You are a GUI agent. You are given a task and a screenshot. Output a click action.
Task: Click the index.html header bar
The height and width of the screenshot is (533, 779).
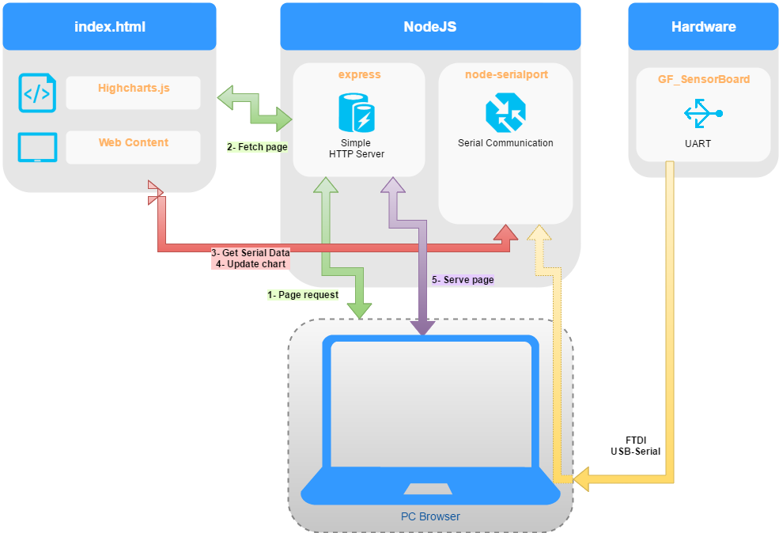109,27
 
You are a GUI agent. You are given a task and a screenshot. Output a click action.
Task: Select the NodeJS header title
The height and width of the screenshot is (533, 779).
430,27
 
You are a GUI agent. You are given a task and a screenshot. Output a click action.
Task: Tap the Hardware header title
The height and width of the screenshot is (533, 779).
703,27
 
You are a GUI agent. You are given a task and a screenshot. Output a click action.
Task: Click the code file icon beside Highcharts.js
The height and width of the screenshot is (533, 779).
37,93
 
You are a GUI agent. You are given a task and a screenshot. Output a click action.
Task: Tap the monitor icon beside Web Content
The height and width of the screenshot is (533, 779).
37,148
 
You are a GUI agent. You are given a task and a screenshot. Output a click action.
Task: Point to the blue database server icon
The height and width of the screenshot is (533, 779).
357,112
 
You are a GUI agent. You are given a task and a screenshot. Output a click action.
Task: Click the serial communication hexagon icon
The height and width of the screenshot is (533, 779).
505,112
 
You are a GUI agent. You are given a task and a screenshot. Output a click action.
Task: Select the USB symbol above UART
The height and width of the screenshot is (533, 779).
703,113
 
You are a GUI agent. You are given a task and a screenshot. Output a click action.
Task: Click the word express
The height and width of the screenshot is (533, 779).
358,75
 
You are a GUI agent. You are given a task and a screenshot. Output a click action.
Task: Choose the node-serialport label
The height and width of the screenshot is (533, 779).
506,75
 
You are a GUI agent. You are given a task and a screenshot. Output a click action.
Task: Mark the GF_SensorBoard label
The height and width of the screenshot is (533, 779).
703,79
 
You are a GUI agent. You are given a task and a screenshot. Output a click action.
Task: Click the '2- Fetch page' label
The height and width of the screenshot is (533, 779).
257,147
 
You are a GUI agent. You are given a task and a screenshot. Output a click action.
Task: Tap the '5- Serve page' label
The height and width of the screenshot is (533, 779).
463,280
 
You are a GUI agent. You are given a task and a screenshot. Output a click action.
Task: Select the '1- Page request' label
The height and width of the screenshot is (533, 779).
303,295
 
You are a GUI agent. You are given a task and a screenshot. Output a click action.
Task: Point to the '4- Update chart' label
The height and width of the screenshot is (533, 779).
251,263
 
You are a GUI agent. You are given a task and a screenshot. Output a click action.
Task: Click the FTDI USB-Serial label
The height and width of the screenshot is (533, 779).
635,445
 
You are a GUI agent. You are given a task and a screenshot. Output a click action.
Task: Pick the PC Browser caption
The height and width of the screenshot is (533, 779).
430,516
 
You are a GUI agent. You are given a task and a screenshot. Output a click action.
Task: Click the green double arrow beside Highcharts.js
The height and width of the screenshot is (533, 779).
254,109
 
